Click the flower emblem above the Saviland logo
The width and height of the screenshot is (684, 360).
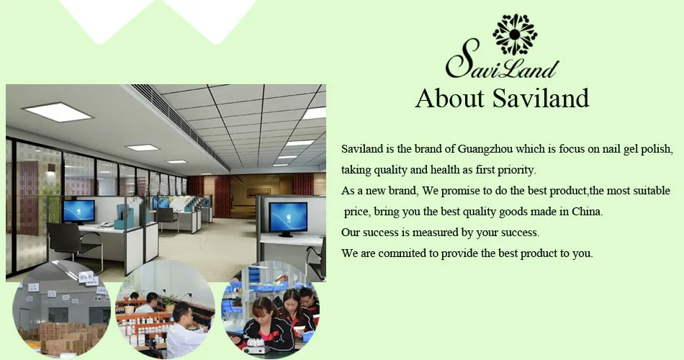click(515, 35)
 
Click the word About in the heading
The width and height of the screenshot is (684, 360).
click(450, 98)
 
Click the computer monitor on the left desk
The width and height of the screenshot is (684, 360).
click(78, 212)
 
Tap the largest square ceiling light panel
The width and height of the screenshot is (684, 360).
click(58, 112)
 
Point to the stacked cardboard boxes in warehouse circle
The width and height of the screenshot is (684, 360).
click(66, 337)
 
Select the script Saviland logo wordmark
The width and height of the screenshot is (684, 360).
click(502, 63)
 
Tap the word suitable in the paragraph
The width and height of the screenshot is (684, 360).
click(652, 191)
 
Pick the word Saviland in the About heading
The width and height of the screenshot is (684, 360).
click(541, 98)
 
